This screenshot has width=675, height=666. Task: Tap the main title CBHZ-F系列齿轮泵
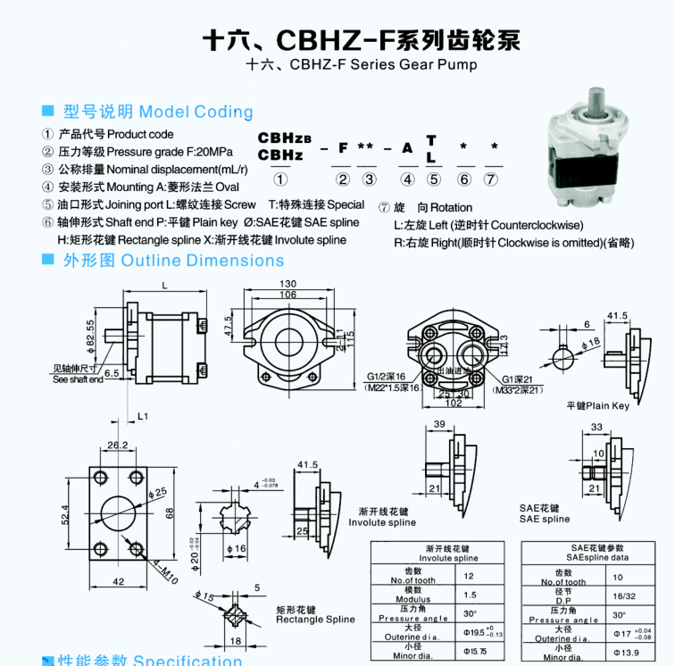[x=361, y=40]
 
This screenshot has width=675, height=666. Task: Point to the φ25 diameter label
[x=160, y=492]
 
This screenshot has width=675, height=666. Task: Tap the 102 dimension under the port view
[x=455, y=403]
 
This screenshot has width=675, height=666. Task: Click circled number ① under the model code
[x=279, y=179]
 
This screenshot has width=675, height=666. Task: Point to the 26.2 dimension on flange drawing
[x=117, y=445]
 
